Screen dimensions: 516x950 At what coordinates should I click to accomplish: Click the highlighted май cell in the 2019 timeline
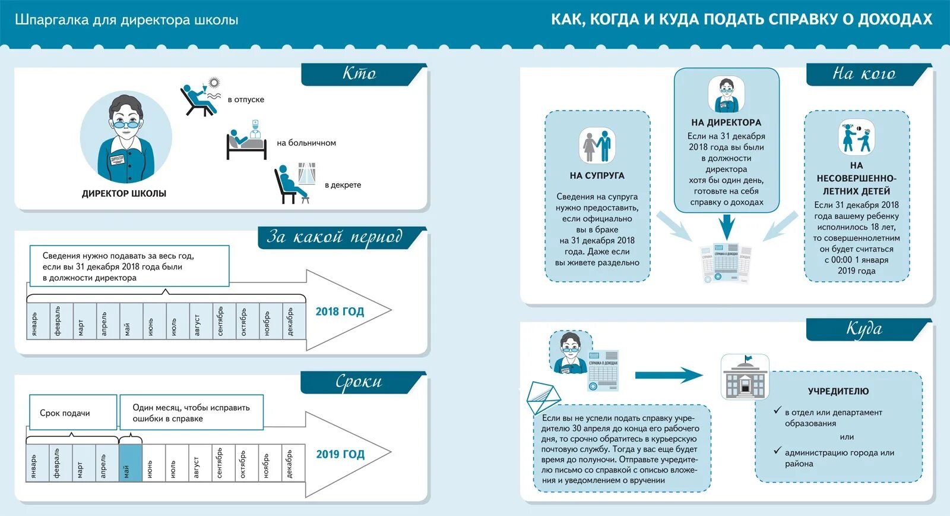tap(131, 462)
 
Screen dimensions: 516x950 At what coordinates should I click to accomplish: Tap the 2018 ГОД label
tap(340, 312)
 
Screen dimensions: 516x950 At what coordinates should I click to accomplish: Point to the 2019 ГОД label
tap(340, 454)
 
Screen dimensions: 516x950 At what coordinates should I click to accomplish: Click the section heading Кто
tap(359, 74)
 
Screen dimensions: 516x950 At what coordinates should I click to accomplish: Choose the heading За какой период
tap(335, 237)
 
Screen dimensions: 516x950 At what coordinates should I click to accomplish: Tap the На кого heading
tap(864, 74)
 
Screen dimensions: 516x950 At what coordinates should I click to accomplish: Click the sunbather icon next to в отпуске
tap(200, 96)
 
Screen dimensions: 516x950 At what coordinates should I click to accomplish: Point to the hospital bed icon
tap(246, 141)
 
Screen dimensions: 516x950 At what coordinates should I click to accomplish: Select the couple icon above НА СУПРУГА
tap(597, 146)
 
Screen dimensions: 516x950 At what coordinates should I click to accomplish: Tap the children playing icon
tap(856, 137)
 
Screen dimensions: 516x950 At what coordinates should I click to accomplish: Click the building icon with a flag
tap(745, 377)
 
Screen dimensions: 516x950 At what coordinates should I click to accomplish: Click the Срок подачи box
tap(73, 413)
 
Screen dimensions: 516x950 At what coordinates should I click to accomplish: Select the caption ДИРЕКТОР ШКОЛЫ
tap(124, 193)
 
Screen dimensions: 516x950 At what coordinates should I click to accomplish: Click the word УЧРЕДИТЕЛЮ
tap(838, 391)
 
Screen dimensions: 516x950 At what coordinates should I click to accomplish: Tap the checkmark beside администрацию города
tap(777, 451)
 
